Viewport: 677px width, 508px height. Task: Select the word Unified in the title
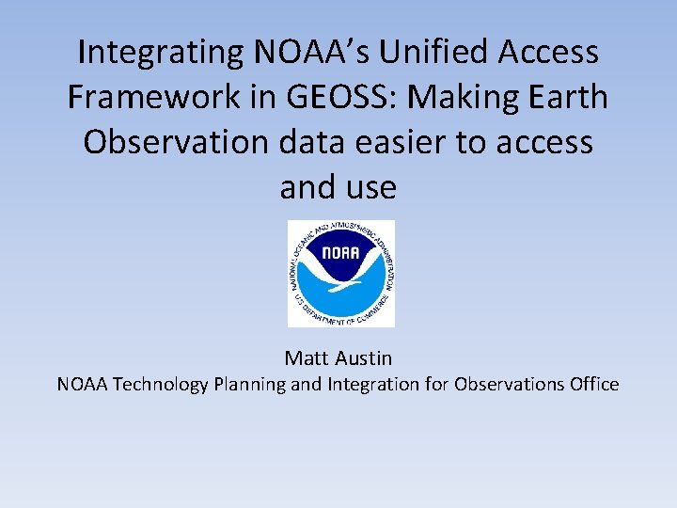[441, 52]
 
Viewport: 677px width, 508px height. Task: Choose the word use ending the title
[370, 187]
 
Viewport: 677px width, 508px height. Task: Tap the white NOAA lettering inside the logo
[340, 254]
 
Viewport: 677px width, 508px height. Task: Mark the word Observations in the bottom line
[507, 384]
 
